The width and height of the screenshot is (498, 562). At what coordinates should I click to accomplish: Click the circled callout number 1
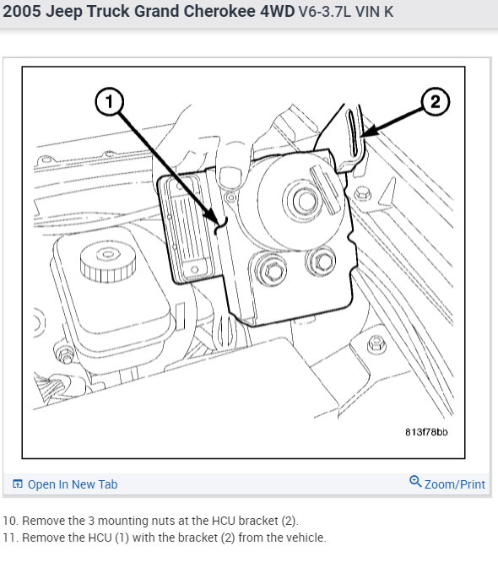(110, 102)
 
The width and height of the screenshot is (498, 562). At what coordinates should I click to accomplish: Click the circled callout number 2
(435, 102)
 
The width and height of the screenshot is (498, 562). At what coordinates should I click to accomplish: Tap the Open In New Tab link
(73, 484)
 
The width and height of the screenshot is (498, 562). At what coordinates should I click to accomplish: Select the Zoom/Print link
(455, 484)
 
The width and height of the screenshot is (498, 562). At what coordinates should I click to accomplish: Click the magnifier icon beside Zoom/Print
(415, 481)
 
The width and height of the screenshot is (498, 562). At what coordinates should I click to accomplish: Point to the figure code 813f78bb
(426, 432)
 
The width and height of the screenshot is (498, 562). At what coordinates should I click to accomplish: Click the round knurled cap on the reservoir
(108, 262)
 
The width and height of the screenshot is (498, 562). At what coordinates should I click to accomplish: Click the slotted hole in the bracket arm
(353, 133)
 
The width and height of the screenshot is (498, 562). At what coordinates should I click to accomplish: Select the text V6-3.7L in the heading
(325, 12)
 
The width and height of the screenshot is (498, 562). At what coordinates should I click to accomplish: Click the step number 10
(10, 521)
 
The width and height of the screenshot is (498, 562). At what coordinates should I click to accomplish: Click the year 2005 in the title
(22, 11)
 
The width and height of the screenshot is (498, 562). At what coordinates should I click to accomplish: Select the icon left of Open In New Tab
(18, 484)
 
